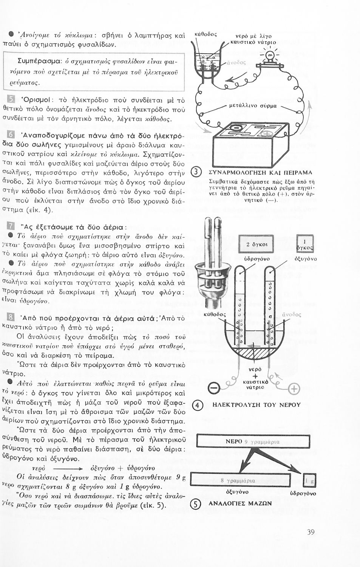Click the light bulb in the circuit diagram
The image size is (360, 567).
point(270,57)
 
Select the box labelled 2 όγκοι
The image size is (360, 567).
point(256,244)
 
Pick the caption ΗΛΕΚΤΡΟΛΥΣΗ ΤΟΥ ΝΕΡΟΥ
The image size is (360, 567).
point(256,405)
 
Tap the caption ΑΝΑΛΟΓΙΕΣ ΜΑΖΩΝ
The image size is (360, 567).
point(240,503)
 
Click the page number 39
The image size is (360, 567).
point(311,532)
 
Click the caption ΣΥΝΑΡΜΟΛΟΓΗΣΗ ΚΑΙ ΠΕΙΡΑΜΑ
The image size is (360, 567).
point(261,173)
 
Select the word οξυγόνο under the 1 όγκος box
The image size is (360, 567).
point(305,259)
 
